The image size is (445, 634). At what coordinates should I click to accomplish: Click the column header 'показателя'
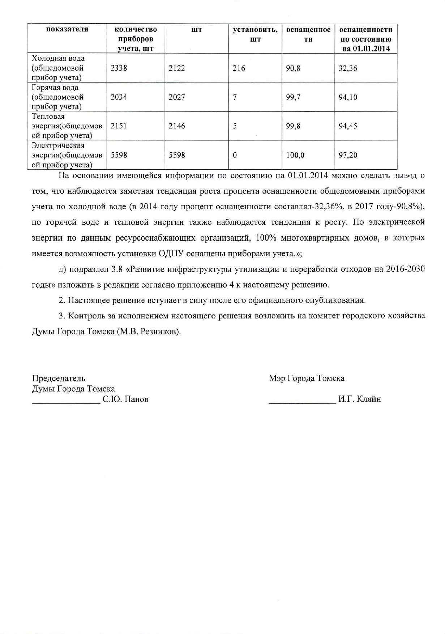(x=67, y=29)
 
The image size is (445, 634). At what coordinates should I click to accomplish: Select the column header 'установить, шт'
(x=255, y=34)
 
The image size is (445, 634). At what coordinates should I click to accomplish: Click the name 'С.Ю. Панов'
(x=125, y=399)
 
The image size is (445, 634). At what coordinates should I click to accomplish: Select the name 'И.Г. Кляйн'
(x=360, y=399)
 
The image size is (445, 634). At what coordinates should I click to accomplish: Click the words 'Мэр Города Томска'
(x=307, y=378)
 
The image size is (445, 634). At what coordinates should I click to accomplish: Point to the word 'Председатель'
(x=59, y=378)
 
